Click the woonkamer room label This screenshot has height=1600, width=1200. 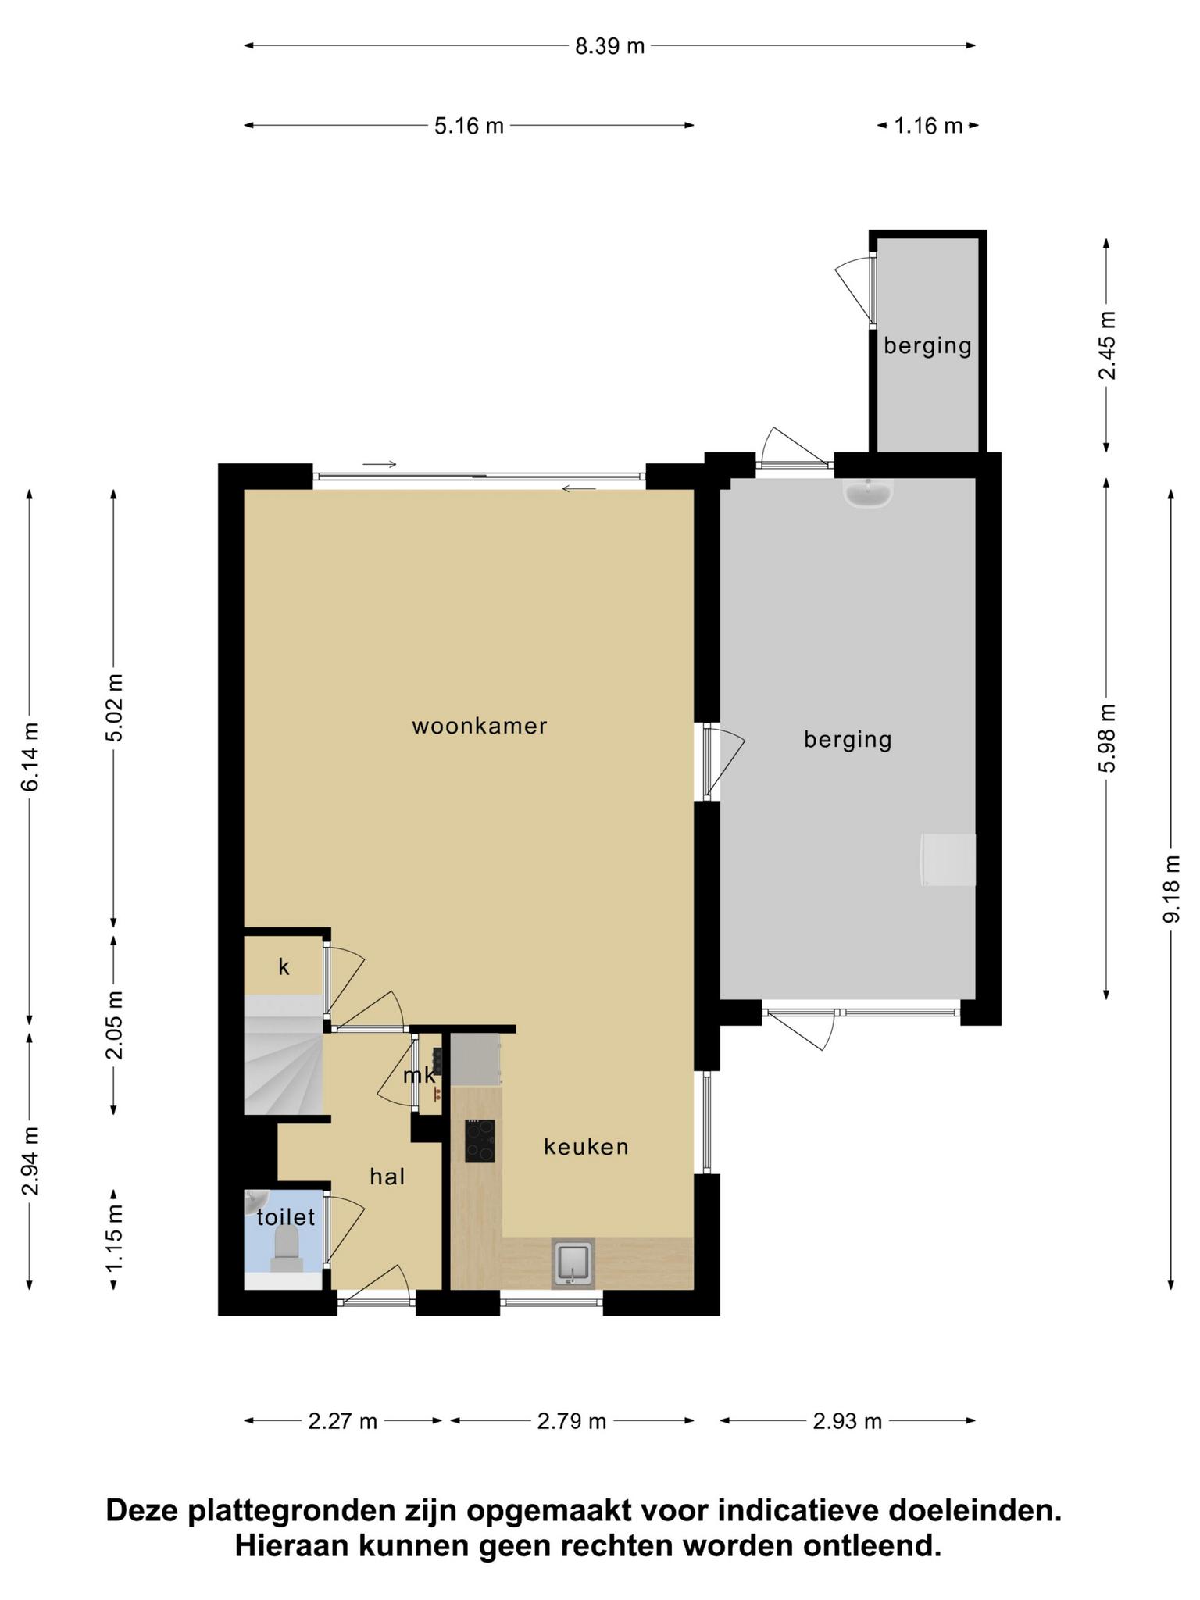pos(480,726)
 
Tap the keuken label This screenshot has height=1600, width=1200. pos(586,1147)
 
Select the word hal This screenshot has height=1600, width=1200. pos(387,1176)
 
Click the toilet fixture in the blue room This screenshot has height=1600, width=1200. pos(287,1248)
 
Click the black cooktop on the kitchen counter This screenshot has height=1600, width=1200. pos(480,1141)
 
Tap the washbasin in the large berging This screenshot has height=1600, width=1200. pos(868,493)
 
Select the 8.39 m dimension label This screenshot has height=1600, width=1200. pos(610,46)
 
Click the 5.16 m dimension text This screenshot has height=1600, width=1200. pos(469,125)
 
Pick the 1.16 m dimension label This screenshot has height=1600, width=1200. pos(928,125)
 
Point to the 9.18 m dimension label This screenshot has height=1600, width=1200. pos(1171,888)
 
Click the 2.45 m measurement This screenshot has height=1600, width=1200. pos(1107,345)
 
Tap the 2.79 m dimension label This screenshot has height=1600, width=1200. pos(572,1421)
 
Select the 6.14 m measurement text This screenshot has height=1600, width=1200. pos(30,756)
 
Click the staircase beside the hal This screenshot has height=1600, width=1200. pos(283,1054)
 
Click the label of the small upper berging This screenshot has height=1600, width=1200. pos(927,345)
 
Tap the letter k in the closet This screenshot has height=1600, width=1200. pos(284,967)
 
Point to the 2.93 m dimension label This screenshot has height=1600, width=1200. pos(848,1421)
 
